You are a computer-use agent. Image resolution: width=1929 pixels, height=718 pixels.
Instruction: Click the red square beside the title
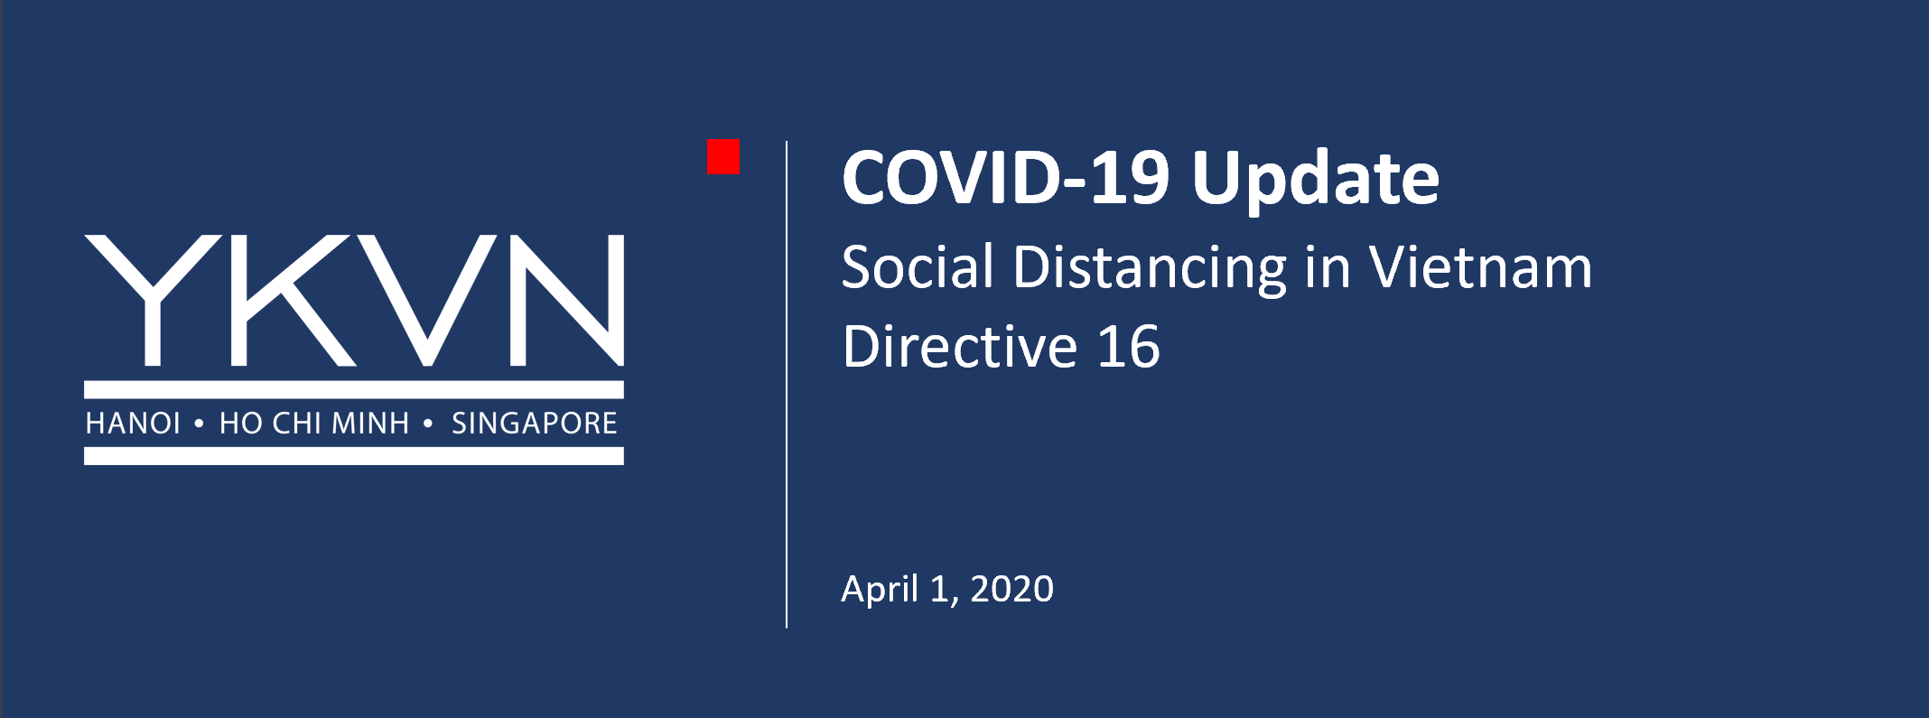tap(723, 156)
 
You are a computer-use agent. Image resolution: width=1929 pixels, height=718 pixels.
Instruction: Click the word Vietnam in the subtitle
tap(1481, 267)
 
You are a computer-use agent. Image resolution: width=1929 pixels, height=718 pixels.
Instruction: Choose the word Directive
tap(960, 347)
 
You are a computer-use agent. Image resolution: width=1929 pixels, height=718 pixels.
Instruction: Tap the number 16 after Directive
tap(1129, 347)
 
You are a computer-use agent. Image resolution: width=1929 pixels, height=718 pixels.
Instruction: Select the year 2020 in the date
tap(1011, 589)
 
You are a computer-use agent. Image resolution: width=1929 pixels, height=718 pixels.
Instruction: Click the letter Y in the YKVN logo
tap(153, 301)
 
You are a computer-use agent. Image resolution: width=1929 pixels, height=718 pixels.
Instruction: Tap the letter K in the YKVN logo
tap(294, 301)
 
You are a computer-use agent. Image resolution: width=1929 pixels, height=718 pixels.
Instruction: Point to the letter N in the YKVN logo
tap(567, 301)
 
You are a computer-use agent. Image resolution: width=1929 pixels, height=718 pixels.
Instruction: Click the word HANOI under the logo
tap(133, 424)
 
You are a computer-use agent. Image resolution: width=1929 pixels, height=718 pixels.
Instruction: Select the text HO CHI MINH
tap(314, 424)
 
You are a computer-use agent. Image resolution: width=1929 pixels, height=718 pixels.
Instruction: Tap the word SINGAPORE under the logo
tap(535, 424)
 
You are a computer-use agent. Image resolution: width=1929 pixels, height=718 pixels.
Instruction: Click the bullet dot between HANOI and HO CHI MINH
tap(199, 423)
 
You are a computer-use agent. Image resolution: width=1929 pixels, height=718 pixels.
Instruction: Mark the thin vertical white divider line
tap(787, 384)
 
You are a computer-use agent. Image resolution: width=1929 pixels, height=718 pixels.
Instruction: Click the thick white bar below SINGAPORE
tap(354, 456)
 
